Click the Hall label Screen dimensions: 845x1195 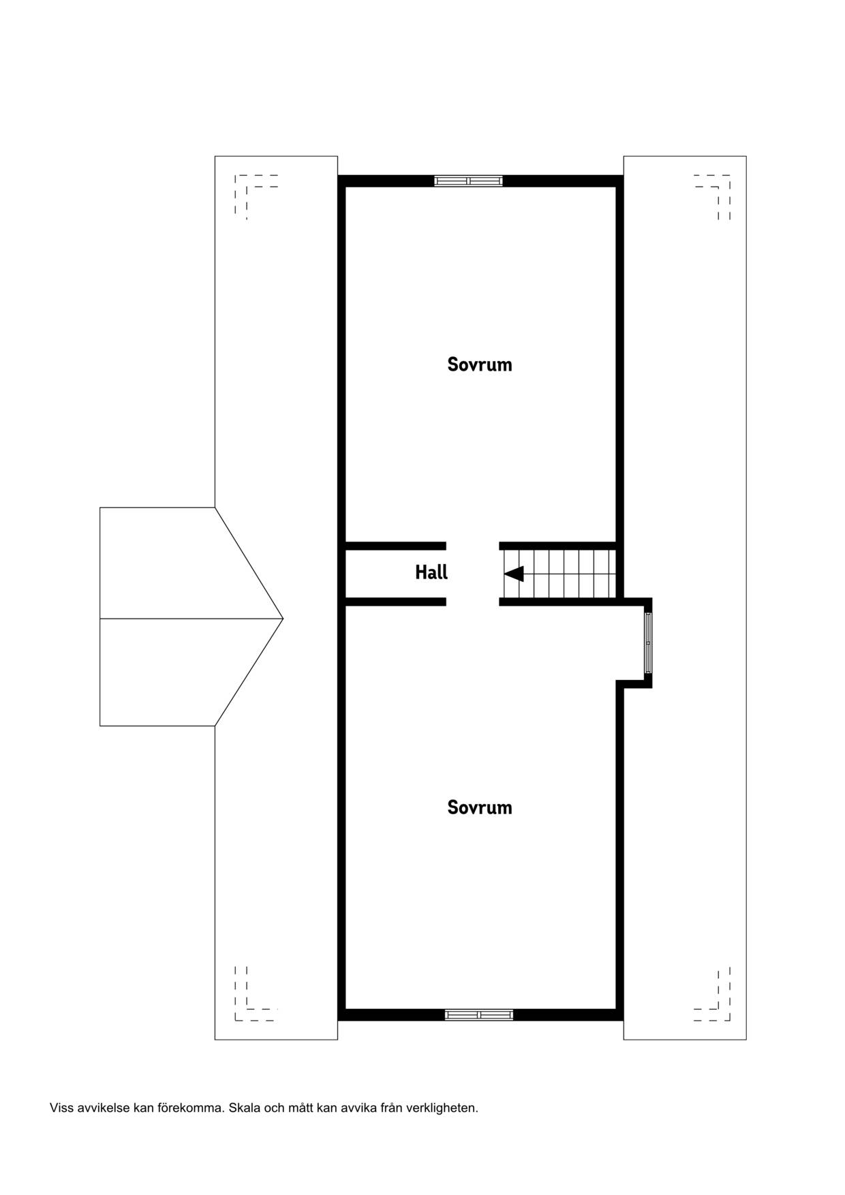point(431,572)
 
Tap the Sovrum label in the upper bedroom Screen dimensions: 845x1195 point(480,364)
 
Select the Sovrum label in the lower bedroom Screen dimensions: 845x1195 point(480,807)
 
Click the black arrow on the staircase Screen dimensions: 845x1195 point(514,574)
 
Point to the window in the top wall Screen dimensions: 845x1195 point(469,181)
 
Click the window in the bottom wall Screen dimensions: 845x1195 point(479,1015)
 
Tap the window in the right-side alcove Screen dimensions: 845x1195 point(648,642)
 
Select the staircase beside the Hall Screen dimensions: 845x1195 point(559,574)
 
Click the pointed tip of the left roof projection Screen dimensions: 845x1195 point(283,618)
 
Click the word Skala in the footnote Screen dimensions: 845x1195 point(244,1108)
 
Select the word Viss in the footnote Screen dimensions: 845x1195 point(61,1108)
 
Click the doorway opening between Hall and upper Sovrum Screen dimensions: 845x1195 point(473,546)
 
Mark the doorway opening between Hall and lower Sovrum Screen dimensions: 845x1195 point(473,602)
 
